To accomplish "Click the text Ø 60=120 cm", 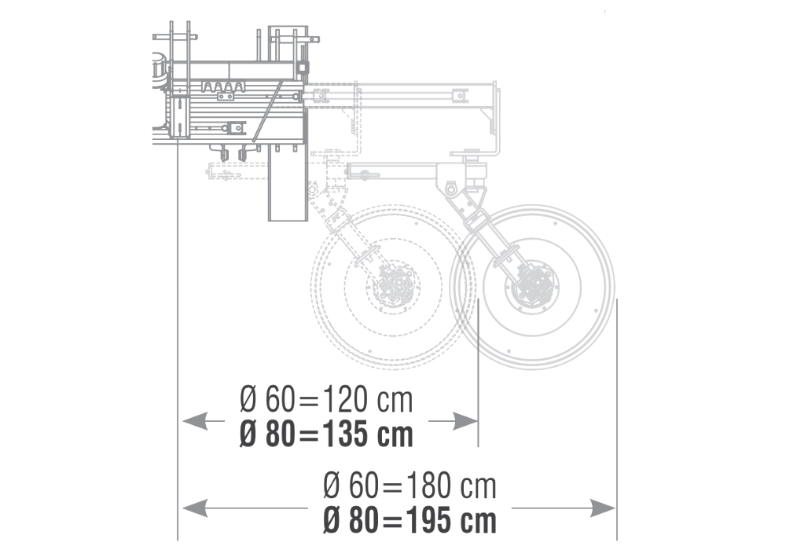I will pos(326,401).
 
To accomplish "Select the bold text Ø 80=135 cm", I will pos(326,434).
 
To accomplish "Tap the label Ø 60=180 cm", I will pos(410,486).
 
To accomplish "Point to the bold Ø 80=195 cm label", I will pos(410,520).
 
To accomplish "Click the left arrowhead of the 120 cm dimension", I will pos(193,422).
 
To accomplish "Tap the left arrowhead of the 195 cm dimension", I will pos(193,508).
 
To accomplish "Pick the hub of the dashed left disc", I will pos(392,288).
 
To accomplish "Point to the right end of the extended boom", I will pos(493,118).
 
